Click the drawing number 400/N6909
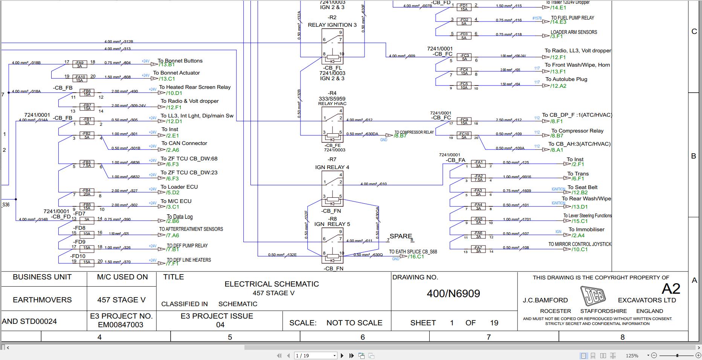pyautogui.click(x=453, y=294)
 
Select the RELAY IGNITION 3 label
pyautogui.click(x=332, y=25)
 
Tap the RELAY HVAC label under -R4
pyautogui.click(x=332, y=104)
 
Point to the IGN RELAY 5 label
pyautogui.click(x=332, y=224)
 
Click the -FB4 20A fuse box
pyautogui.click(x=87, y=192)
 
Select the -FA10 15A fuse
pyautogui.click(x=79, y=78)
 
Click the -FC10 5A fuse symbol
pyautogui.click(x=464, y=136)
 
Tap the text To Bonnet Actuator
pyautogui.click(x=176, y=73)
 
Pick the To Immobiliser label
pyautogui.click(x=586, y=229)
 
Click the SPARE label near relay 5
pyautogui.click(x=401, y=236)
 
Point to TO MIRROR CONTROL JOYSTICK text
pyautogui.click(x=580, y=244)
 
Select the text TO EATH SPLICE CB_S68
pyautogui.click(x=413, y=252)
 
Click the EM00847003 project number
pyautogui.click(x=121, y=325)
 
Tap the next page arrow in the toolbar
pyautogui.click(x=342, y=355)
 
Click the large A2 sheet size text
pyautogui.click(x=671, y=289)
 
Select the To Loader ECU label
pyautogui.click(x=179, y=187)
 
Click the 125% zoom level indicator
pyautogui.click(x=632, y=355)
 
